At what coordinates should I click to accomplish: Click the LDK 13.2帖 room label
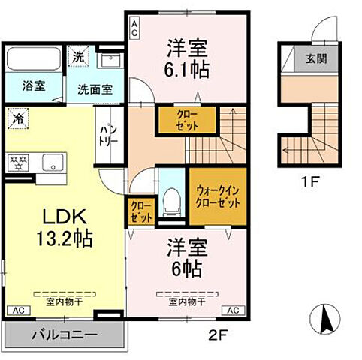click(x=62, y=228)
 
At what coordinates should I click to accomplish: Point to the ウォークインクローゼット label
click(x=217, y=196)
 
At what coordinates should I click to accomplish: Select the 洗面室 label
click(x=95, y=88)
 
